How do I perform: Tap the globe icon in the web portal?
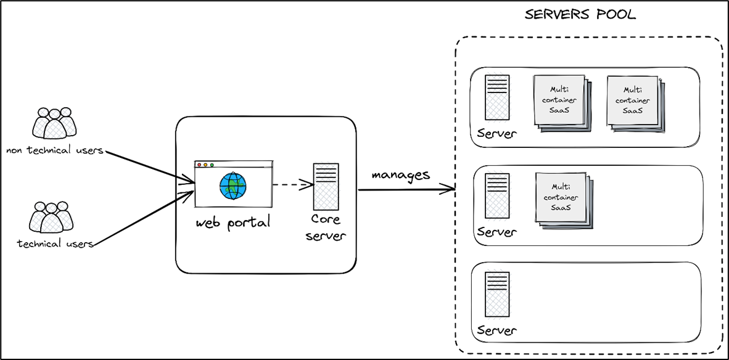(233, 185)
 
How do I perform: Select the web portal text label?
(233, 223)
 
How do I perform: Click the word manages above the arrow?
(400, 174)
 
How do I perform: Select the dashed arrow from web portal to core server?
(291, 184)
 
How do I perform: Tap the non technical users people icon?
(54, 123)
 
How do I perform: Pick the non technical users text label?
(54, 150)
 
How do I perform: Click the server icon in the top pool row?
(496, 97)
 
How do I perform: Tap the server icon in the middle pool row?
(496, 196)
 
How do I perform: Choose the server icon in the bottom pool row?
(496, 295)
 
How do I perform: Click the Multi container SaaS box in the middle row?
(564, 198)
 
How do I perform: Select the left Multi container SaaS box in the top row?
(560, 100)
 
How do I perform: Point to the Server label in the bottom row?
(496, 331)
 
